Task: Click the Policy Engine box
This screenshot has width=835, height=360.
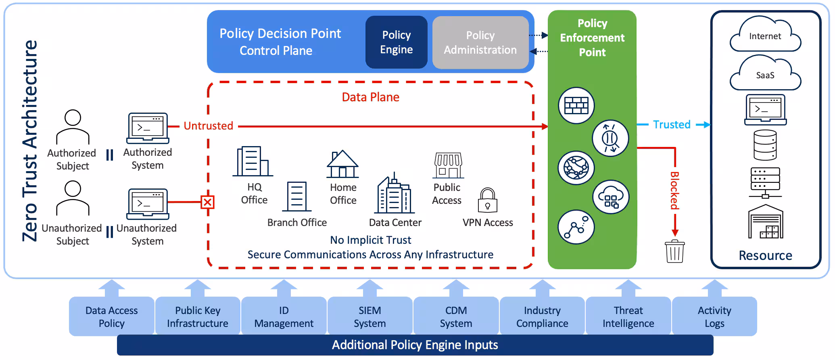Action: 396,42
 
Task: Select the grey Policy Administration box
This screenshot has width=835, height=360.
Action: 480,42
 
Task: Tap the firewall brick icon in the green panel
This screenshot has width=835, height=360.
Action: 576,105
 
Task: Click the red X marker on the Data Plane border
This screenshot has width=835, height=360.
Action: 207,202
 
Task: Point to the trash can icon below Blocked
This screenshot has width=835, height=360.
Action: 674,251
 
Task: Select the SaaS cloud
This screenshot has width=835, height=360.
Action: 765,75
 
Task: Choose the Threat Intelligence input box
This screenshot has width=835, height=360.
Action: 628,316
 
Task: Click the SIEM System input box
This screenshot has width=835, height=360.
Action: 369,316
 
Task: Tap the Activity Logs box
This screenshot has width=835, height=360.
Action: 714,316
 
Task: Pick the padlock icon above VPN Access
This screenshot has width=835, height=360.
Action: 488,200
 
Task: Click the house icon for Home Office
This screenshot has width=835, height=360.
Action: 342,164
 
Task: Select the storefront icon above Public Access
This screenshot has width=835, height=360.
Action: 448,165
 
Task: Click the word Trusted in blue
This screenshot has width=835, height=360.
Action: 672,125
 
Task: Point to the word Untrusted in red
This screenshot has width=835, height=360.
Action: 208,126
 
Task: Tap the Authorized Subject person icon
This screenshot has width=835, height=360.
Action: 73,127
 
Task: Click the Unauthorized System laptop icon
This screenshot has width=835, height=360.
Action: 148,204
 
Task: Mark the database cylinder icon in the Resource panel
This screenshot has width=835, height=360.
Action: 765,145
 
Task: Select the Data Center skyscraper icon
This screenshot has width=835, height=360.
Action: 394,195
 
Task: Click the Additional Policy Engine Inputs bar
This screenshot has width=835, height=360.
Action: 415,345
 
